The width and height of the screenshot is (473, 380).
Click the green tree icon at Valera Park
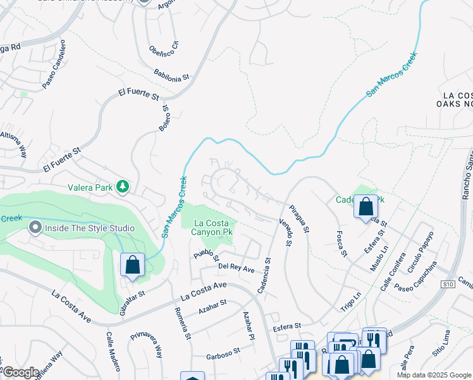(123, 187)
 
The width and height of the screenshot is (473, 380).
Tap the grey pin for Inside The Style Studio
(35, 227)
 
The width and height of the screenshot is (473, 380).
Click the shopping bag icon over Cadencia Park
(365, 206)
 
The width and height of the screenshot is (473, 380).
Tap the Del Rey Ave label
(236, 269)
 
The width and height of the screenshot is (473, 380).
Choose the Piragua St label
(298, 218)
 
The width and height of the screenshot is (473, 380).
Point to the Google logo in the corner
(20, 373)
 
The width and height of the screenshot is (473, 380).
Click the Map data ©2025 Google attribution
(434, 375)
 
